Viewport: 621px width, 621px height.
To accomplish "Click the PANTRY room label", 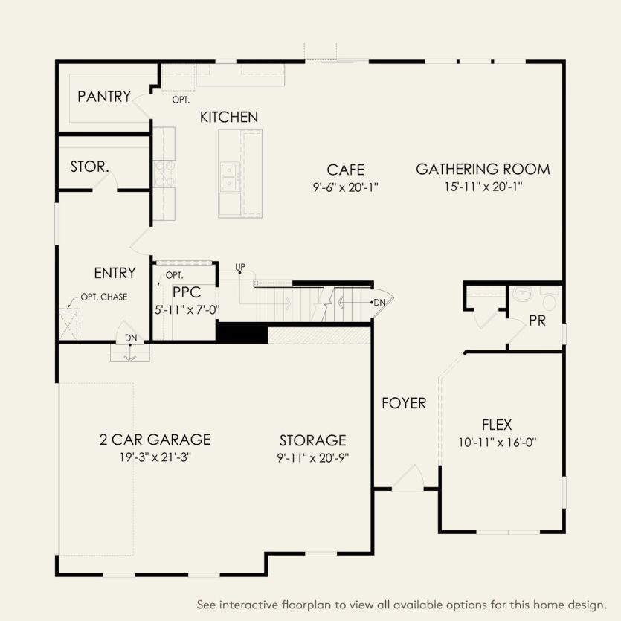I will [x=104, y=97].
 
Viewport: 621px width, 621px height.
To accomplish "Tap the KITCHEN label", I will [x=229, y=117].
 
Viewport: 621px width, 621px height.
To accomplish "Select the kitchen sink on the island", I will [x=229, y=177].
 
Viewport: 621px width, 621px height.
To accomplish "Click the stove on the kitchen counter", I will [x=164, y=173].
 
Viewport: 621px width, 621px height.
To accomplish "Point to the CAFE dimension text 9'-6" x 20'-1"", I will [x=346, y=188].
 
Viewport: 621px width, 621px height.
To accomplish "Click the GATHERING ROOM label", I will [x=483, y=169].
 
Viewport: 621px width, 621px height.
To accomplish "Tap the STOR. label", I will [x=90, y=167].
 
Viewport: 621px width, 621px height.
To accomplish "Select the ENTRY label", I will [x=115, y=273].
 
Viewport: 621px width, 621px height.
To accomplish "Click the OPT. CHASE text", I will [x=104, y=297].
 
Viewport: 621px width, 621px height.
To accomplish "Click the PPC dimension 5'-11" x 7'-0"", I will [x=187, y=309].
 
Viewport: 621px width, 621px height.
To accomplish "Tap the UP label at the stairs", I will [x=240, y=267].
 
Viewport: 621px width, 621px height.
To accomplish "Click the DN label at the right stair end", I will [x=380, y=302].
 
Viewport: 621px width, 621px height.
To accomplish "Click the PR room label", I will [x=538, y=321].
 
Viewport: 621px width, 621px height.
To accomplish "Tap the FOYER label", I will [x=404, y=403].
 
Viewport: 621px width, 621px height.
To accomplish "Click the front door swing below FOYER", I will [x=408, y=479].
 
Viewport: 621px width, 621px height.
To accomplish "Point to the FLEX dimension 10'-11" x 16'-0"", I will [x=497, y=443].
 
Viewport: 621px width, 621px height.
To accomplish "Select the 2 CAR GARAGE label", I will [x=155, y=440].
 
